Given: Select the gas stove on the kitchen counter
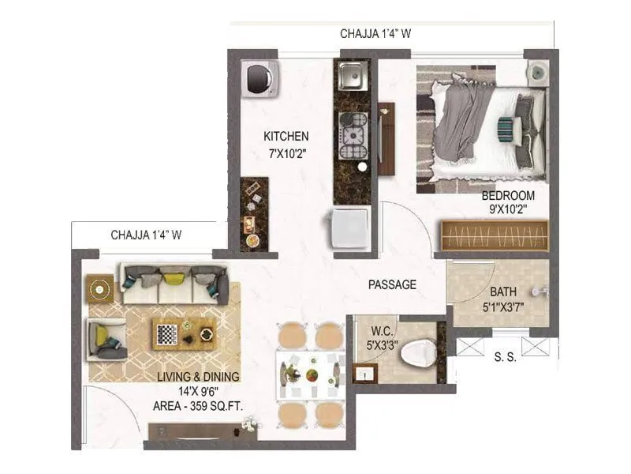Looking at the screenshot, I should [353, 136].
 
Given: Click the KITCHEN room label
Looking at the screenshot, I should [286, 137].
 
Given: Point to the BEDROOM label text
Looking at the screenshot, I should [509, 195].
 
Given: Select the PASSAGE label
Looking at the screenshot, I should [392, 284].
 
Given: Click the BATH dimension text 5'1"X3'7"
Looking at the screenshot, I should [502, 306].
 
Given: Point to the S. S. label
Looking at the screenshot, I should [504, 356].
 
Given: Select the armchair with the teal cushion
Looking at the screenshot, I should [106, 337].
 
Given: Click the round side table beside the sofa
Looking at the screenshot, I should [100, 288].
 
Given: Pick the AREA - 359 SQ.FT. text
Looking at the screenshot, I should [197, 406].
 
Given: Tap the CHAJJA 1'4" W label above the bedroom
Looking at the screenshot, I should [375, 33].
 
